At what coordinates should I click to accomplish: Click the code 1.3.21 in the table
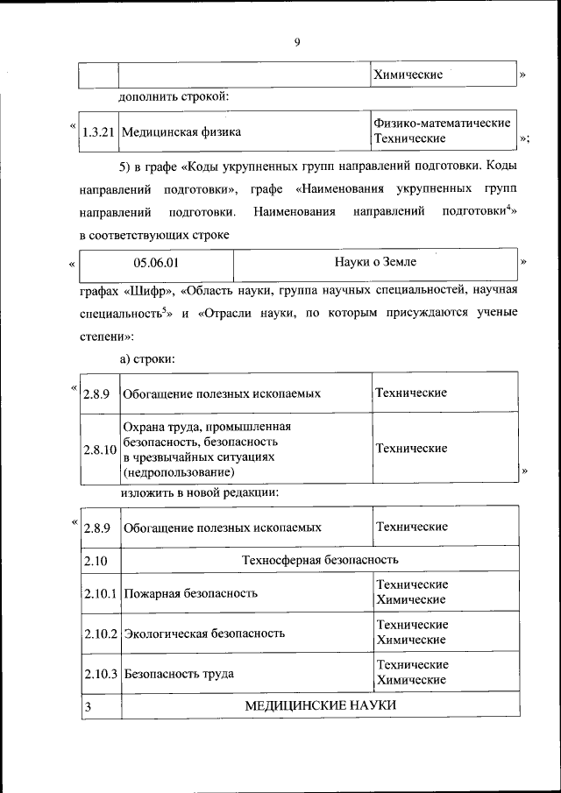pyautogui.click(x=98, y=132)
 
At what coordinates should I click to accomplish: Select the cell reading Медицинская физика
pyautogui.click(x=181, y=132)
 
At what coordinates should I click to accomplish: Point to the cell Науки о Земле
pyautogui.click(x=375, y=261)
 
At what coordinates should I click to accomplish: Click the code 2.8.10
pyautogui.click(x=99, y=449)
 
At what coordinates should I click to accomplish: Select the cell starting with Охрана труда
pyautogui.click(x=207, y=449)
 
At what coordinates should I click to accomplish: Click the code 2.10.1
pyautogui.click(x=101, y=592)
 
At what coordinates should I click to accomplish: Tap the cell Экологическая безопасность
pyautogui.click(x=204, y=633)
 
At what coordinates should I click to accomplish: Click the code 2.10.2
pyautogui.click(x=101, y=633)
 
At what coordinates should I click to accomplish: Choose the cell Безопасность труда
pyautogui.click(x=179, y=674)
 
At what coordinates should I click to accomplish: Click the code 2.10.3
pyautogui.click(x=101, y=674)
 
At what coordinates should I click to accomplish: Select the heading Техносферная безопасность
pyautogui.click(x=320, y=558)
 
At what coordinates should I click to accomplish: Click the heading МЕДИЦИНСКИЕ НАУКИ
pyautogui.click(x=320, y=705)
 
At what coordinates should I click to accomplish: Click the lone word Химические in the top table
pyautogui.click(x=408, y=74)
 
